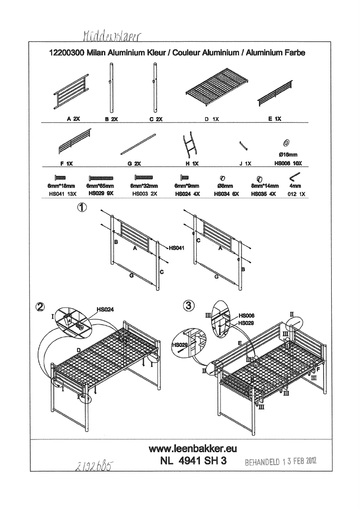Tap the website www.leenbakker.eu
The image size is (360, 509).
click(x=193, y=448)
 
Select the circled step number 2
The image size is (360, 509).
click(x=40, y=307)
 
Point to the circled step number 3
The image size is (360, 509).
click(x=189, y=306)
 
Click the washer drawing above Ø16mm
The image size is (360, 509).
click(x=286, y=143)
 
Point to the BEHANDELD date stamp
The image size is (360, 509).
click(x=281, y=461)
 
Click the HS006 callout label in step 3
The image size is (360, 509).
click(x=247, y=315)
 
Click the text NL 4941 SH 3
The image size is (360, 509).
click(x=192, y=461)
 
